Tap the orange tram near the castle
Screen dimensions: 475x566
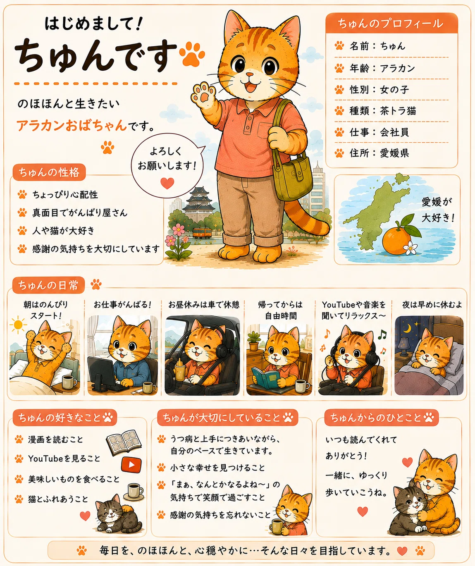coord(202,232)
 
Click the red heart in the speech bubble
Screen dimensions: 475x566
coord(167,183)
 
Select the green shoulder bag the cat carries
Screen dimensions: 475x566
coord(292,174)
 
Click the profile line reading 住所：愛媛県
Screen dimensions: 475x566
coord(379,153)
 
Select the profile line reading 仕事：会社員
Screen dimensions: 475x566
coord(379,132)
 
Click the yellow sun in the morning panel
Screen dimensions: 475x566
coord(18,325)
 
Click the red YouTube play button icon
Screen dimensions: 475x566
coord(131,465)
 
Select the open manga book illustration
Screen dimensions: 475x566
coord(124,442)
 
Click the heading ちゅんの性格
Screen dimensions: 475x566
coord(49,172)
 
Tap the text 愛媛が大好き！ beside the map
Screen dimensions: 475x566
coord(437,210)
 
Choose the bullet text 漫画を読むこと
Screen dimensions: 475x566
coord(55,439)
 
